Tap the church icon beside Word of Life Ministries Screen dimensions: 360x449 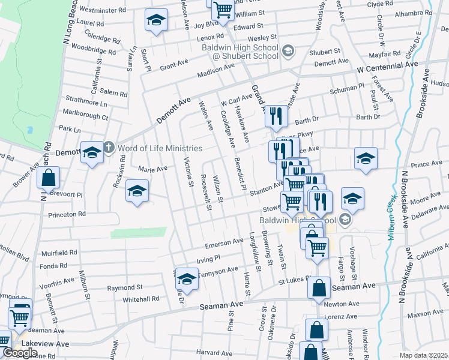(x=109, y=148)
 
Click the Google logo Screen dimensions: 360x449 (x=20, y=353)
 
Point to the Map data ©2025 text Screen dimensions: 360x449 (x=424, y=355)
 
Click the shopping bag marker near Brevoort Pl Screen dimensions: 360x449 (x=48, y=178)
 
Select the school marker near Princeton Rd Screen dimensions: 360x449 (x=137, y=192)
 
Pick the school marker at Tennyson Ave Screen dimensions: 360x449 (x=187, y=279)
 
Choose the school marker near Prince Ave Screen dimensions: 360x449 (x=366, y=158)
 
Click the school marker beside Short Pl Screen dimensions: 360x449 (x=156, y=20)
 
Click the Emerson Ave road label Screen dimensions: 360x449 (x=224, y=243)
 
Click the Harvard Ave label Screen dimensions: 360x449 (x=214, y=352)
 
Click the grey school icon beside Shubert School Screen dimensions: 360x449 (x=288, y=50)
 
